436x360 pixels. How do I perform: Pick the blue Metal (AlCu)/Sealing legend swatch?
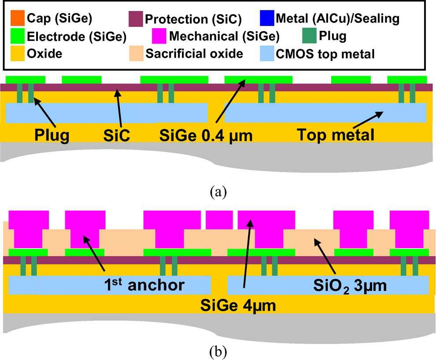266,19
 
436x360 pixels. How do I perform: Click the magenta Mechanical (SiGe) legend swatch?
159,36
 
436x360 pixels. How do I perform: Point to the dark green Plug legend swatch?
310,36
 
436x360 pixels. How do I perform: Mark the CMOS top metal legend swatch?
266,53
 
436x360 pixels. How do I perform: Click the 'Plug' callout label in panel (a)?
52,135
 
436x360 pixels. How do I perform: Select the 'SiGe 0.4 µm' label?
206,135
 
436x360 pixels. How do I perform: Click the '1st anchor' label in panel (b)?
140,285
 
